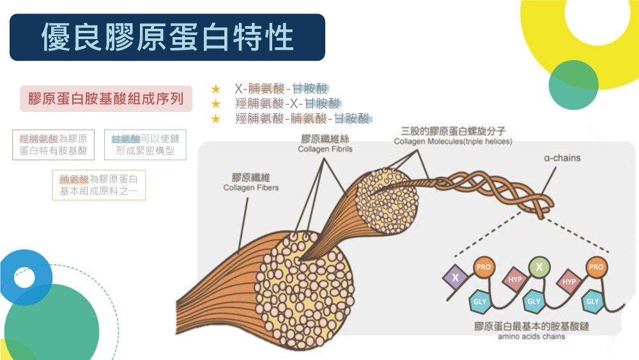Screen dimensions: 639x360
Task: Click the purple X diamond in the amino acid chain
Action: pyautogui.click(x=455, y=278)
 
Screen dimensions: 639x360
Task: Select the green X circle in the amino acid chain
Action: pyautogui.click(x=539, y=267)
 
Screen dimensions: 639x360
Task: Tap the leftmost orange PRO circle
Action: pyautogui.click(x=484, y=267)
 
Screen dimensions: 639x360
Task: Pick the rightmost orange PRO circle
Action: pyautogui.click(x=596, y=267)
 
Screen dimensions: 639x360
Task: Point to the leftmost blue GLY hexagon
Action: pyautogui.click(x=480, y=302)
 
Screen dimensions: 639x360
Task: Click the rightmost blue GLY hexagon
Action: pyautogui.click(x=592, y=302)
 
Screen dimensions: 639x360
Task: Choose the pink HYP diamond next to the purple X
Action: pyautogui.click(x=515, y=279)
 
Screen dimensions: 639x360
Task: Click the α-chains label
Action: pyautogui.click(x=562, y=158)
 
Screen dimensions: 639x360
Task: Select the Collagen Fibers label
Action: pyautogui.click(x=251, y=187)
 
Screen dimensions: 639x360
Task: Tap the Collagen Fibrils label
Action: pyautogui.click(x=325, y=149)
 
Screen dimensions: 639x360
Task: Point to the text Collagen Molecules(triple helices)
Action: pyautogui.click(x=453, y=141)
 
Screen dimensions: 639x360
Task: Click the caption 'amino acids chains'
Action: pyautogui.click(x=532, y=336)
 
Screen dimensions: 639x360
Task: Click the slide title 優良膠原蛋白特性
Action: pyautogui.click(x=167, y=37)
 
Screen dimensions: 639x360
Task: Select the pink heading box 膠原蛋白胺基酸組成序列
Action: pyautogui.click(x=106, y=98)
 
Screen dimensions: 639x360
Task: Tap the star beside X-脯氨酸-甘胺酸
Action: pyautogui.click(x=215, y=88)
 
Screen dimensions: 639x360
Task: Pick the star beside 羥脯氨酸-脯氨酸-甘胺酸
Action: pyautogui.click(x=215, y=119)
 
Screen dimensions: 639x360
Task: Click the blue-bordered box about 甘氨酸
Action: pyautogui.click(x=145, y=145)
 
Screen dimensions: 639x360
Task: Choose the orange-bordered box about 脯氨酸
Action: pyautogui.click(x=98, y=185)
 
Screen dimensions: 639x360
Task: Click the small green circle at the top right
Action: pyautogui.click(x=573, y=85)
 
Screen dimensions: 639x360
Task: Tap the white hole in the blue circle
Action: pyautogui.click(x=24, y=278)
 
